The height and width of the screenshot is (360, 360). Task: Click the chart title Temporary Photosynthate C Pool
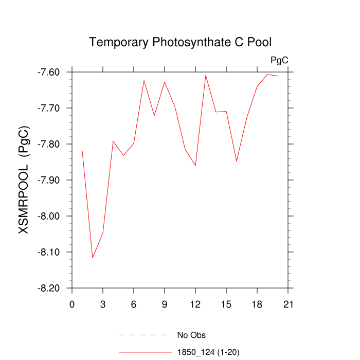(x=180, y=42)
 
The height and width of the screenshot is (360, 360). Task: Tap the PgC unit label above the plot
(x=279, y=61)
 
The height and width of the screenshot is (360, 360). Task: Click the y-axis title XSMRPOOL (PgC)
(x=24, y=180)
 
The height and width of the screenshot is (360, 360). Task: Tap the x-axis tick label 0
(x=72, y=304)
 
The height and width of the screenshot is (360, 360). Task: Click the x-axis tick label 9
(x=165, y=304)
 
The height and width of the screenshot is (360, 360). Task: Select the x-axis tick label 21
(x=288, y=304)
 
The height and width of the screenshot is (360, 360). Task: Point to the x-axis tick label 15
(x=226, y=304)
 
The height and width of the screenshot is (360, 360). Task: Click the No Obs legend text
(x=191, y=335)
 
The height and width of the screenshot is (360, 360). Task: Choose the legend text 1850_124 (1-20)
(x=208, y=352)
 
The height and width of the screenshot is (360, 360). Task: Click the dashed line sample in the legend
(x=143, y=335)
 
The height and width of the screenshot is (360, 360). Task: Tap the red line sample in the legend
(x=145, y=352)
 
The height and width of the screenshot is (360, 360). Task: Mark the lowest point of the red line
(x=93, y=258)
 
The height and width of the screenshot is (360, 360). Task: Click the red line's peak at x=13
(x=206, y=75)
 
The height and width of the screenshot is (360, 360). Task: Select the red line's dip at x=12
(x=195, y=166)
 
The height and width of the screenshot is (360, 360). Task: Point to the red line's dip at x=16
(x=237, y=161)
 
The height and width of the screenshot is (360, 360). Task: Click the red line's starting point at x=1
(x=82, y=151)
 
